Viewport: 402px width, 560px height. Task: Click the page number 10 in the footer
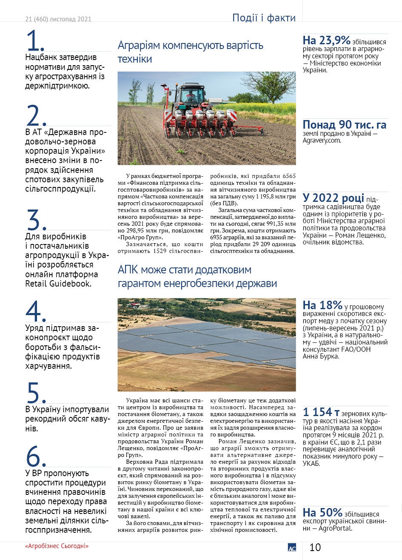(315, 547)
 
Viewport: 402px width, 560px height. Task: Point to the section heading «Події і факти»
(264, 18)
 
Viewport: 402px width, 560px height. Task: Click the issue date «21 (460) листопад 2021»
(58, 19)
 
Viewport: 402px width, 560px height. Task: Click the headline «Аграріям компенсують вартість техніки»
(190, 52)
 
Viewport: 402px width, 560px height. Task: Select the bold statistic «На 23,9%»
(326, 40)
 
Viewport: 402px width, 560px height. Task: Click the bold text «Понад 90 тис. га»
(345, 125)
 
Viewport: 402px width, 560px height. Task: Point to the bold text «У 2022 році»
(333, 198)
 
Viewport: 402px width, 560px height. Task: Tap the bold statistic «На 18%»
(322, 305)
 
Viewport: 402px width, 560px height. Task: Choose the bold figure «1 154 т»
(321, 412)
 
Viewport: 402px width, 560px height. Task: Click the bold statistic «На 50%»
(322, 512)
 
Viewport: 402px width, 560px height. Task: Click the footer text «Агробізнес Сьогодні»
(57, 546)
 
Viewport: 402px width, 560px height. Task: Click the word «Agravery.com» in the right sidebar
(322, 140)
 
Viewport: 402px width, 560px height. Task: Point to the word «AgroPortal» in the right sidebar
(338, 528)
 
